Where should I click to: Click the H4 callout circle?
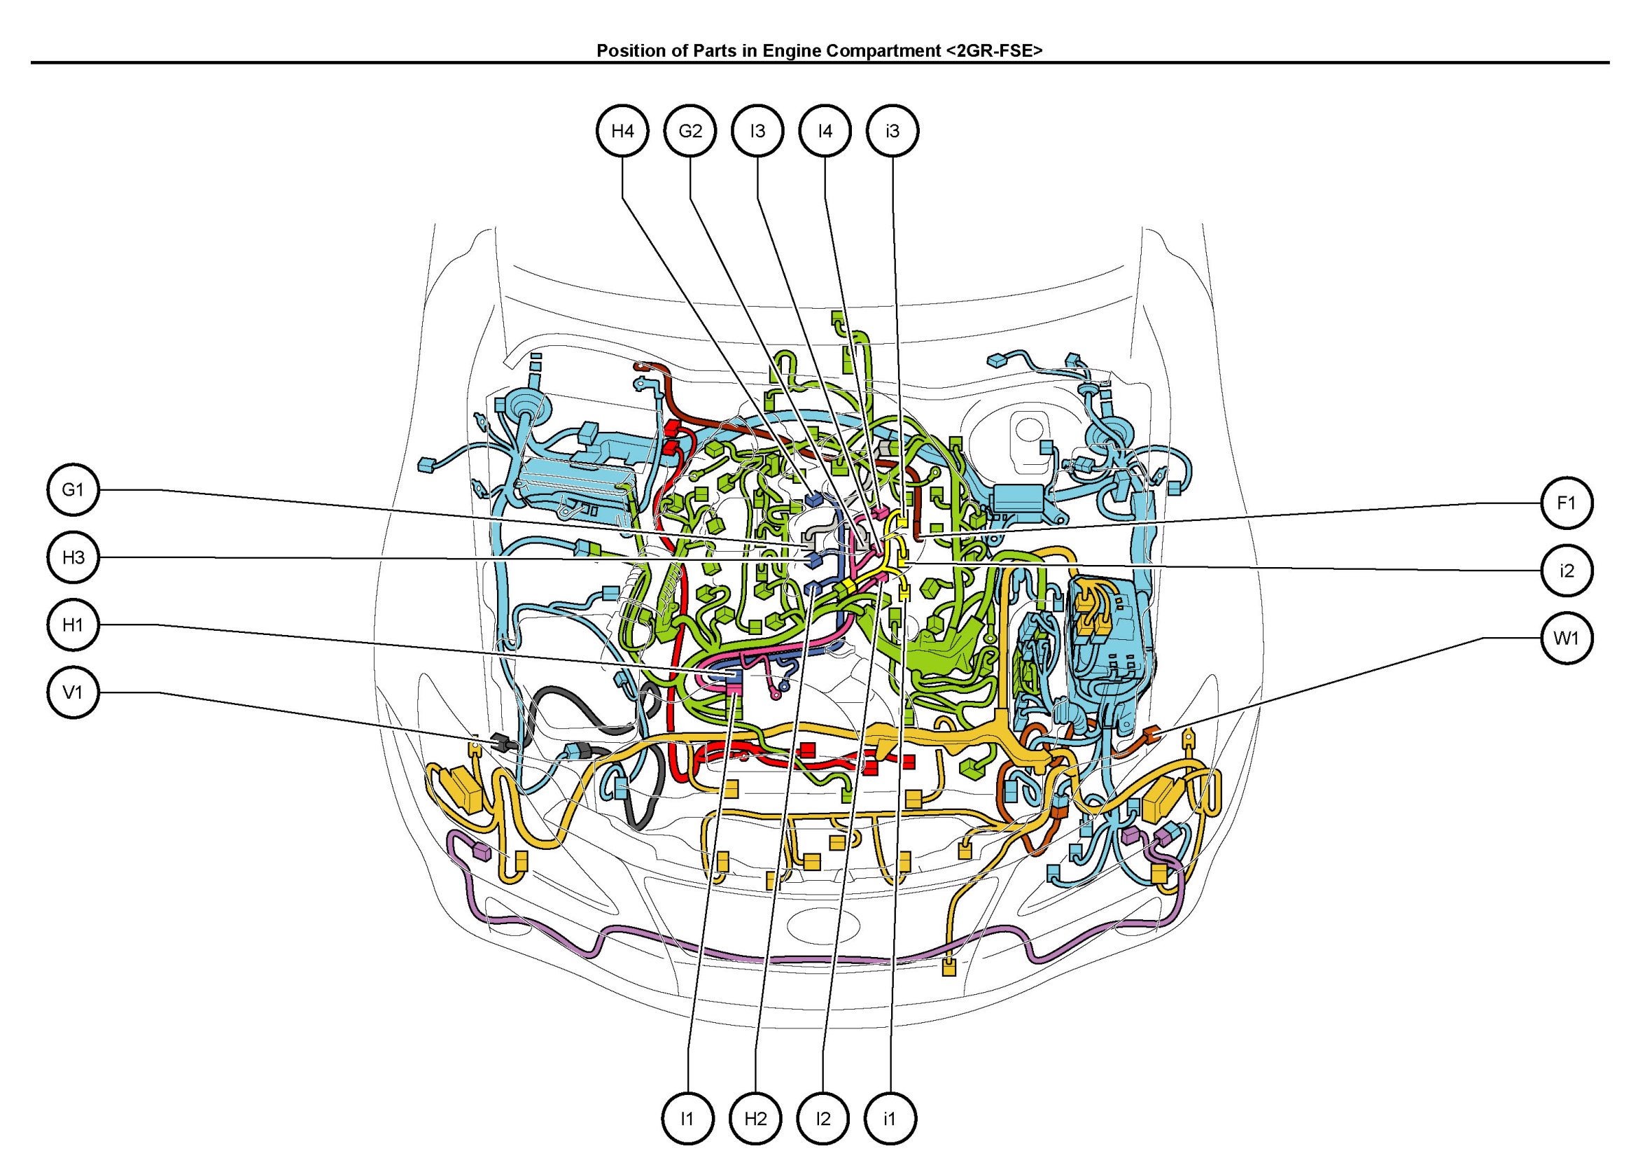[622, 130]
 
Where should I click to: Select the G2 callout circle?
[690, 130]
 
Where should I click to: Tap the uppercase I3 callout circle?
[757, 130]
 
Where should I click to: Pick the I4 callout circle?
[825, 130]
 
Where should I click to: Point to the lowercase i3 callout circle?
[892, 130]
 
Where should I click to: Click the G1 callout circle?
[73, 490]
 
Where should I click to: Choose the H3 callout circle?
[73, 557]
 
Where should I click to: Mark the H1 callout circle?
[73, 625]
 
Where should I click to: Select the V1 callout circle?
[73, 692]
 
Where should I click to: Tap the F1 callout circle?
[1567, 503]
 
